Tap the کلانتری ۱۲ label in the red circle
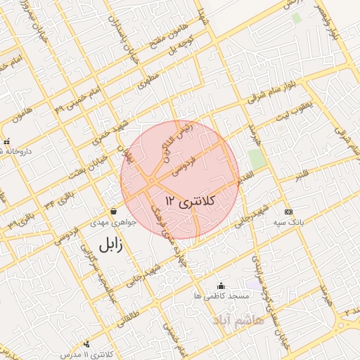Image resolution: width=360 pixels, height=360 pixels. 192,201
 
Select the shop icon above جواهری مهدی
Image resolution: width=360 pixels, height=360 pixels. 114,211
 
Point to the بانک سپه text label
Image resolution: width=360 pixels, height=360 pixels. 288,223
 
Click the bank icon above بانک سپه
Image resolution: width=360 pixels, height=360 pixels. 288,212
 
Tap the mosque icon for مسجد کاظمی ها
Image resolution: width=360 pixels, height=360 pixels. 221,285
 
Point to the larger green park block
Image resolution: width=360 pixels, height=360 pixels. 257,159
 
